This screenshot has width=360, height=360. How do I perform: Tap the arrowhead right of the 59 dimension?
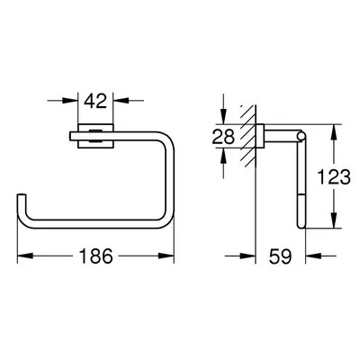302,257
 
